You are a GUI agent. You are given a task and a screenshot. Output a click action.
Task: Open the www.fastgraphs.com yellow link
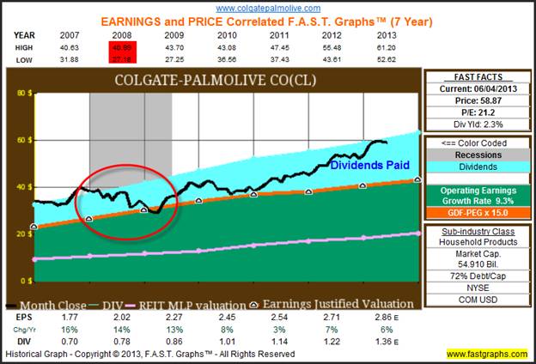point(486,354)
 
